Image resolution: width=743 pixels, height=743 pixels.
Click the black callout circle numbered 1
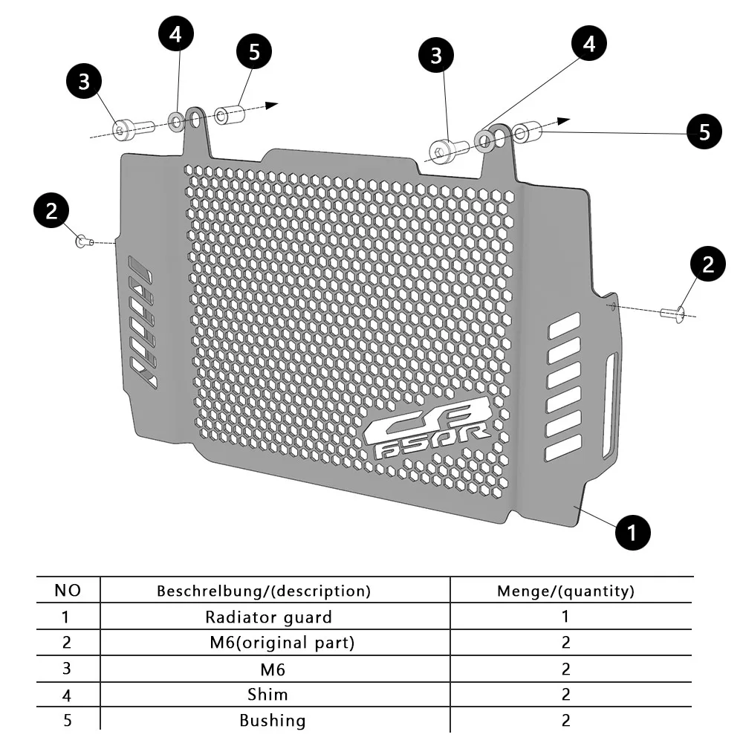[632, 532]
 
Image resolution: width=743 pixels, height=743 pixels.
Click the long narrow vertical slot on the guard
[611, 405]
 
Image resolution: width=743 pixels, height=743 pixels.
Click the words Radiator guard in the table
[268, 617]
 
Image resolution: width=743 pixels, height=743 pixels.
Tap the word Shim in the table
[267, 695]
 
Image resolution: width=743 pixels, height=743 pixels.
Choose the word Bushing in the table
[272, 720]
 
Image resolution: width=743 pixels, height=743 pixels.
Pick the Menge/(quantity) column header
[565, 591]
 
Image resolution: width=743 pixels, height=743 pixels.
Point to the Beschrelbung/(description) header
[263, 591]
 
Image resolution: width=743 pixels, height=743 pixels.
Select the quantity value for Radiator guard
[565, 617]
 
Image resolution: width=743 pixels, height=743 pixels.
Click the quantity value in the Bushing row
[565, 720]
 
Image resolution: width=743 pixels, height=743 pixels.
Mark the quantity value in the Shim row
[565, 695]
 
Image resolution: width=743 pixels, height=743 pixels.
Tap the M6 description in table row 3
[273, 669]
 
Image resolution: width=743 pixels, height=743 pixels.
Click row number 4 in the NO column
[66, 695]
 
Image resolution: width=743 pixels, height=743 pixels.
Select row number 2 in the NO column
[66, 642]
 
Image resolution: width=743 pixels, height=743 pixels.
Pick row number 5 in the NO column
[66, 720]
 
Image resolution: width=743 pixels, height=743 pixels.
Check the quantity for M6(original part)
[565, 642]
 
